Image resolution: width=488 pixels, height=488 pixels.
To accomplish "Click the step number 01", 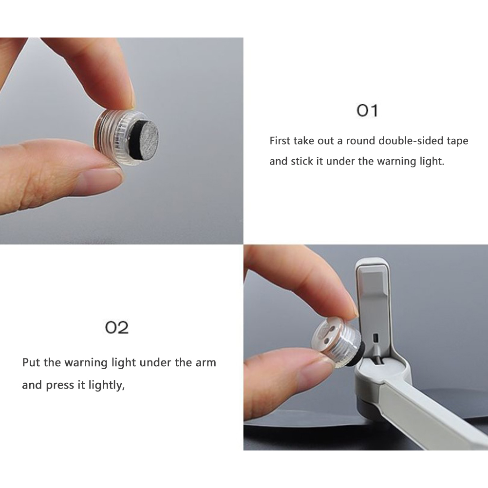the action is point(367,111).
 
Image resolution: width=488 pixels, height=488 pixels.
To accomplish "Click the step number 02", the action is point(117,327).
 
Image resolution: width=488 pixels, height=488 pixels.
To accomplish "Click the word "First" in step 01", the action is point(280,141).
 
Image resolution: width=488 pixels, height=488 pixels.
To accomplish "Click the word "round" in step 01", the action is point(360,141).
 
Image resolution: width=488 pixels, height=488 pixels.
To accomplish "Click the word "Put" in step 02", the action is point(31,362).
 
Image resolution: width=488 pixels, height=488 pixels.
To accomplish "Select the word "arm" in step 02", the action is point(206,363).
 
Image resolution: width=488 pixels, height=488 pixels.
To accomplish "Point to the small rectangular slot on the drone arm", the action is point(375,338).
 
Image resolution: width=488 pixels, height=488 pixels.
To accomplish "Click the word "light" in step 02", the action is point(122,363).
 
